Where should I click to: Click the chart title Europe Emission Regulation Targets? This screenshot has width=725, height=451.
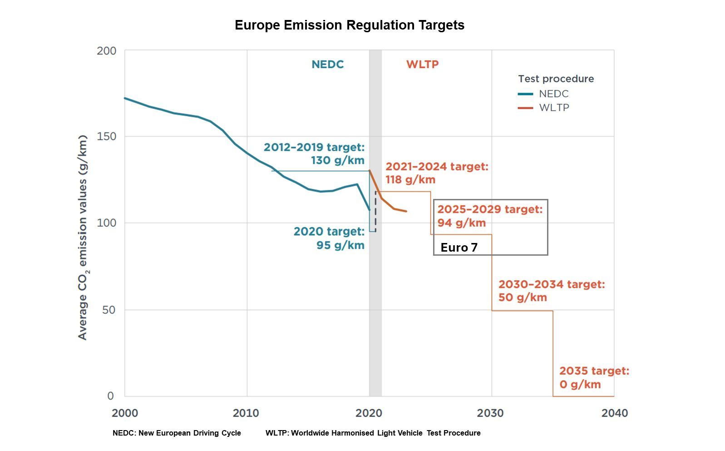349,25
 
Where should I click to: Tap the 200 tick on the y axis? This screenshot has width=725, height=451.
106,51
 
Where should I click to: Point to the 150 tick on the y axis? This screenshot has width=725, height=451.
106,136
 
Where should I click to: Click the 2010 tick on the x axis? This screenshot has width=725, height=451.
246,413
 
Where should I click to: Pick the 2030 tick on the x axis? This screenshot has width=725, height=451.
490,413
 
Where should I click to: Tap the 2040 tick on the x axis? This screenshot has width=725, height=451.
614,413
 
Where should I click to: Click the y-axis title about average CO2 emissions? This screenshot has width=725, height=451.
83,237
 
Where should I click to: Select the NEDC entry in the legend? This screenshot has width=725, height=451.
553,94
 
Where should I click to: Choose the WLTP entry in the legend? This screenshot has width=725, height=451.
554,108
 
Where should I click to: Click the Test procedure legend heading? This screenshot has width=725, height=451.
556,79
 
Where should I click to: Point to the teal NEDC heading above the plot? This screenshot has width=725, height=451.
327,64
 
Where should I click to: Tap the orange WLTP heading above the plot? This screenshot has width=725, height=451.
422,64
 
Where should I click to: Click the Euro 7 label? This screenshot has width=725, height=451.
459,248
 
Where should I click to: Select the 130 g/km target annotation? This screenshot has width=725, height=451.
314,154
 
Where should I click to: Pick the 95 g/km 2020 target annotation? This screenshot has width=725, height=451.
329,238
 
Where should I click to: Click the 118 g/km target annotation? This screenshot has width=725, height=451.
437,173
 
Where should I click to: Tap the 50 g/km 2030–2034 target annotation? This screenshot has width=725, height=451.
551,291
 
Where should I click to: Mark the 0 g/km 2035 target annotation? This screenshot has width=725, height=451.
594,377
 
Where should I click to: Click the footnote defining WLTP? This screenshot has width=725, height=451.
373,433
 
